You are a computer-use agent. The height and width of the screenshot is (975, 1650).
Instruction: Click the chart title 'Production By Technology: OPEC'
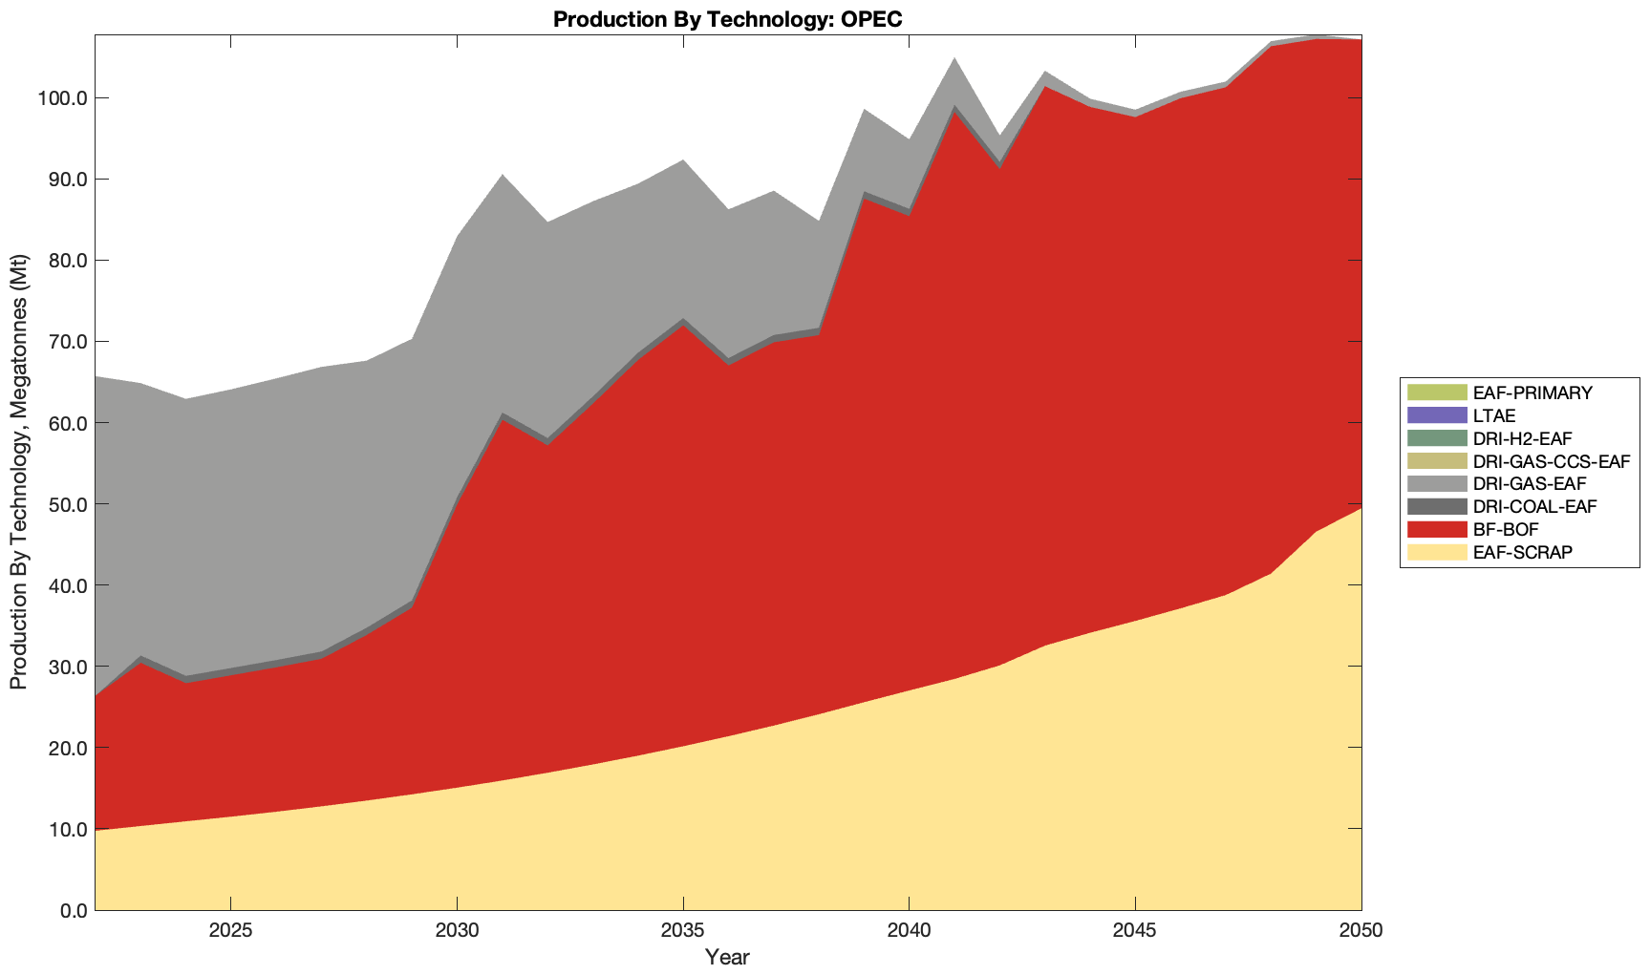[727, 19]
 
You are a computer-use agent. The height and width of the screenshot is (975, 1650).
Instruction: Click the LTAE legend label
[1494, 415]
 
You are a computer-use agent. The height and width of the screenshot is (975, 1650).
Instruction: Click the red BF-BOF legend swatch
[1436, 529]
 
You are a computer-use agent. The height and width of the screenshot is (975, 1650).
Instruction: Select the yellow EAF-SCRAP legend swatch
[1436, 552]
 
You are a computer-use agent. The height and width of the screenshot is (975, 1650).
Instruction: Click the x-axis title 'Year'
[727, 957]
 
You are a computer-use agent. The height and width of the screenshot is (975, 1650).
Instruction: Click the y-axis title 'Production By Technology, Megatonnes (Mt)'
[18, 472]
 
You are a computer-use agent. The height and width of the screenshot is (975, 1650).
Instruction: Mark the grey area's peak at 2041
[954, 59]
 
